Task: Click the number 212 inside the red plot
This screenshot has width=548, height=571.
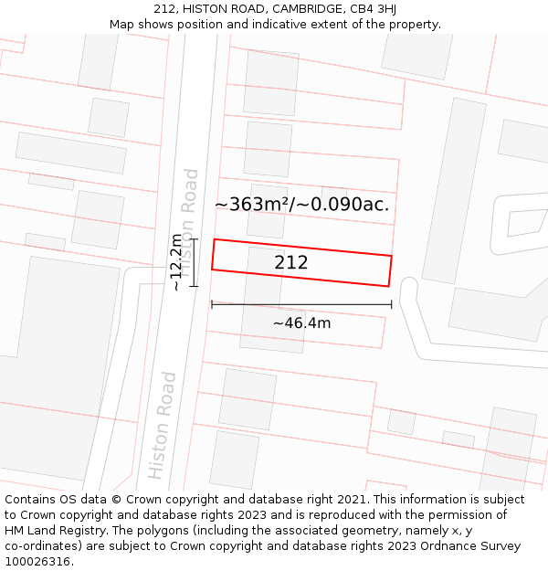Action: pos(291,263)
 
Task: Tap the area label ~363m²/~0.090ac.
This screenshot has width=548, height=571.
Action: pos(301,205)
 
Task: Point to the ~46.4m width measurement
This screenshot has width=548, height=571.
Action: pos(301,323)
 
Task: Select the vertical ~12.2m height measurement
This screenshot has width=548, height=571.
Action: pos(176,262)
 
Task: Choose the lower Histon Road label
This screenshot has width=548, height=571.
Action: pos(163,425)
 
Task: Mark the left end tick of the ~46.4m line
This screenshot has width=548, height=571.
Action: pos(212,304)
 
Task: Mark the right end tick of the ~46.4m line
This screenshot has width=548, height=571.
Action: pos(391,304)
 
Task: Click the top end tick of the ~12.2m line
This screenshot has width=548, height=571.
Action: pos(193,238)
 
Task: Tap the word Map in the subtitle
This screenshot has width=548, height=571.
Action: pos(121,24)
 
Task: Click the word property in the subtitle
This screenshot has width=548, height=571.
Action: pos(412,24)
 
